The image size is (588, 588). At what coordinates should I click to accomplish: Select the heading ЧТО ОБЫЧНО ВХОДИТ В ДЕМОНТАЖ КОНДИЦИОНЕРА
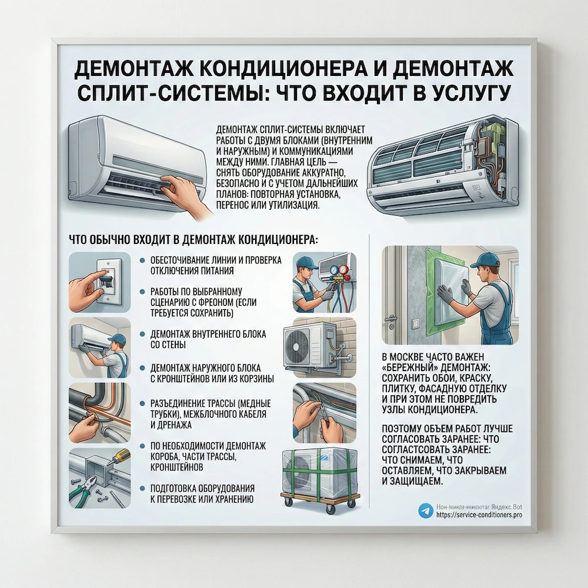point(193,240)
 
